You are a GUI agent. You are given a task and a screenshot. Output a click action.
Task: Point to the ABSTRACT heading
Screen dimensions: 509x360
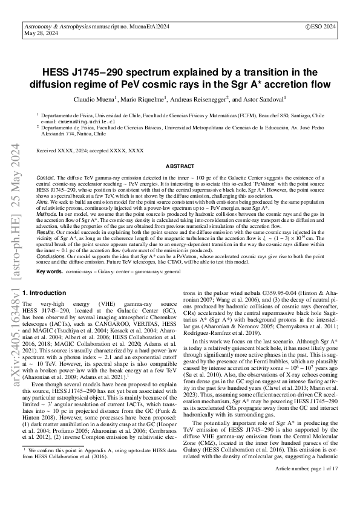click(180, 164)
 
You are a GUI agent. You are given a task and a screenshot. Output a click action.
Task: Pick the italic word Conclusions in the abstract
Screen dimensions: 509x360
click(53, 256)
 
